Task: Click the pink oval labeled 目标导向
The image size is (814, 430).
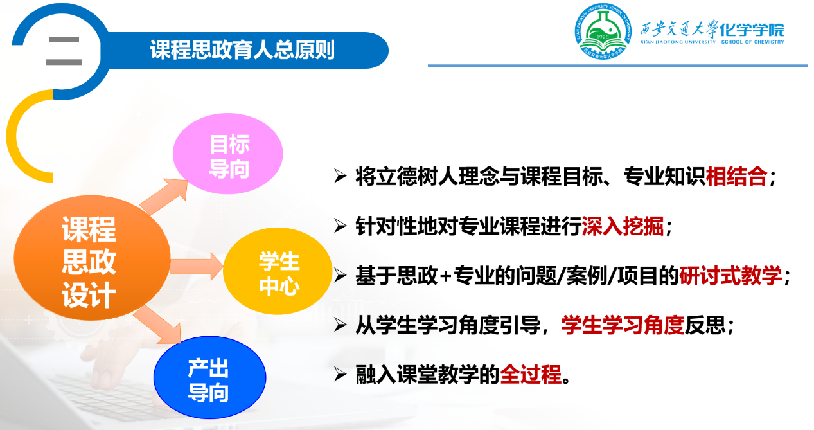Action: point(228,154)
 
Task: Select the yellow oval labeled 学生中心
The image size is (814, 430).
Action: point(278,271)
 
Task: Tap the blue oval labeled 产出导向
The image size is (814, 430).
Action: point(209,378)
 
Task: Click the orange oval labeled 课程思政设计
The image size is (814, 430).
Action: point(92,258)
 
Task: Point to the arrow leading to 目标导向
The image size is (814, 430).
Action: point(164,196)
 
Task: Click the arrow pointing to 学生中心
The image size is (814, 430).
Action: point(197,266)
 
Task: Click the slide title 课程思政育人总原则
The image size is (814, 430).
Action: point(242,49)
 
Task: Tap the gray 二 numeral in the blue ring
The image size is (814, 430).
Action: point(64,51)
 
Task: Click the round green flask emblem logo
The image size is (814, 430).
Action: point(603,31)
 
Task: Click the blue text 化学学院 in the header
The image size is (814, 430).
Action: point(752,30)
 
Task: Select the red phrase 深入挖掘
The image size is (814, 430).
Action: point(623,226)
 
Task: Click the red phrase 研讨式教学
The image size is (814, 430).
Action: point(730,275)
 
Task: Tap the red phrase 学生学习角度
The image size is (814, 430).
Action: point(623,325)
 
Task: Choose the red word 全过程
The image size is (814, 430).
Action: point(531,374)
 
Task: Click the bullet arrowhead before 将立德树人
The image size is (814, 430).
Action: point(340,176)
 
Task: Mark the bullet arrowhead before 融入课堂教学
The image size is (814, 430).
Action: point(340,374)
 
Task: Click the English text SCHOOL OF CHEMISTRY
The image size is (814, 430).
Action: point(752,42)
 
